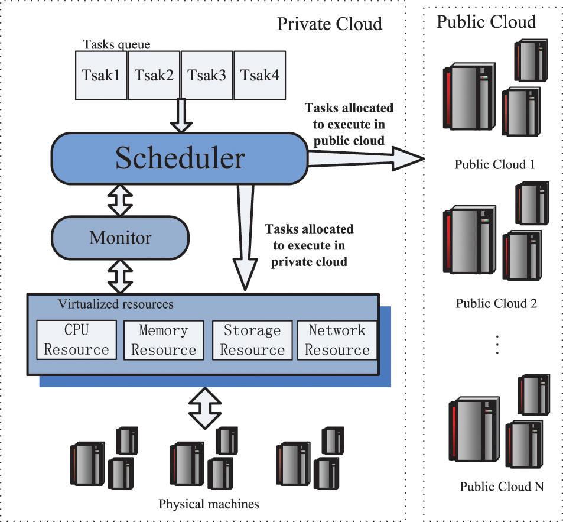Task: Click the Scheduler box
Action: click(179, 158)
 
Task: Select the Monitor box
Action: click(121, 238)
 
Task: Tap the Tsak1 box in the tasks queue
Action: click(101, 75)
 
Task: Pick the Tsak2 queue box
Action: click(154, 75)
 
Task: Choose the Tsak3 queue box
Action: click(207, 75)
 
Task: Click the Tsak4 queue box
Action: click(259, 75)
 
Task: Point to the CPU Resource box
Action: click(76, 340)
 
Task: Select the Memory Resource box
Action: click(163, 340)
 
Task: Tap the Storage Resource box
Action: click(252, 340)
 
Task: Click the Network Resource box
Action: click(337, 340)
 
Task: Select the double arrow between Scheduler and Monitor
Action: click(121, 200)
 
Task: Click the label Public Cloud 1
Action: click(494, 164)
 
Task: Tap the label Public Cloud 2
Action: click(496, 304)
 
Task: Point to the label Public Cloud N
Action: click(502, 487)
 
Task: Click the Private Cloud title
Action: click(330, 24)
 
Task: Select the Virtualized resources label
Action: click(116, 304)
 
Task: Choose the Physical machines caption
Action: click(209, 504)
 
